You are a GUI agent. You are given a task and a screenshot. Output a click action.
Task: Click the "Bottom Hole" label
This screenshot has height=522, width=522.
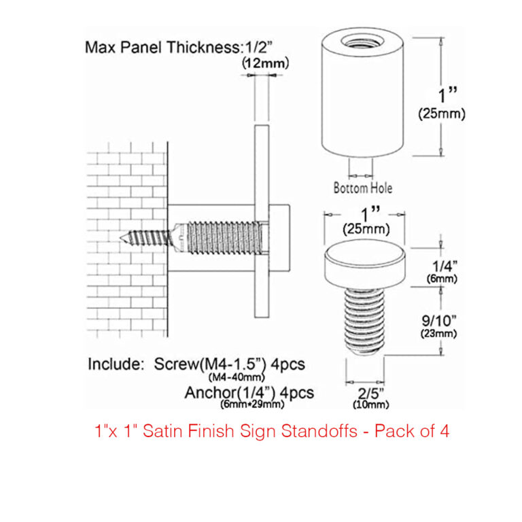tap(362, 188)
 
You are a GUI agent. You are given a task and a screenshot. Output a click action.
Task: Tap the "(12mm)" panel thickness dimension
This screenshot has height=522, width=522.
tap(266, 63)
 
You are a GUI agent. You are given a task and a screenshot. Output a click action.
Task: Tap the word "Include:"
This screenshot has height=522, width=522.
tap(111, 364)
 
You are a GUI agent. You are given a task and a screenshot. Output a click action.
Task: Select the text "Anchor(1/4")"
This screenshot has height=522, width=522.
tap(224, 393)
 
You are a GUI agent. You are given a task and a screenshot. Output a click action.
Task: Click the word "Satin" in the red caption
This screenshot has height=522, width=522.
tap(177, 431)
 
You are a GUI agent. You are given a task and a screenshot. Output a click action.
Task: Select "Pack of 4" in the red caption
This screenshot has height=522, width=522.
tap(415, 431)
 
